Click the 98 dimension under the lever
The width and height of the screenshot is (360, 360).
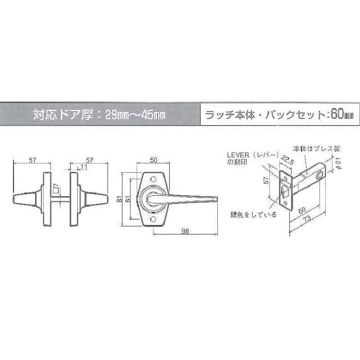[x=185, y=231]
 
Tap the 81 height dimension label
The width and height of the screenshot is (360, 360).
[x=119, y=199]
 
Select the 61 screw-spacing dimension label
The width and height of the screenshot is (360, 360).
[x=128, y=199]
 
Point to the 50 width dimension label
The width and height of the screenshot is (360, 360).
[x=153, y=160]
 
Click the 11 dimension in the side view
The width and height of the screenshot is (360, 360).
[x=84, y=166]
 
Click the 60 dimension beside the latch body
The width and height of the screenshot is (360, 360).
[x=302, y=210]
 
